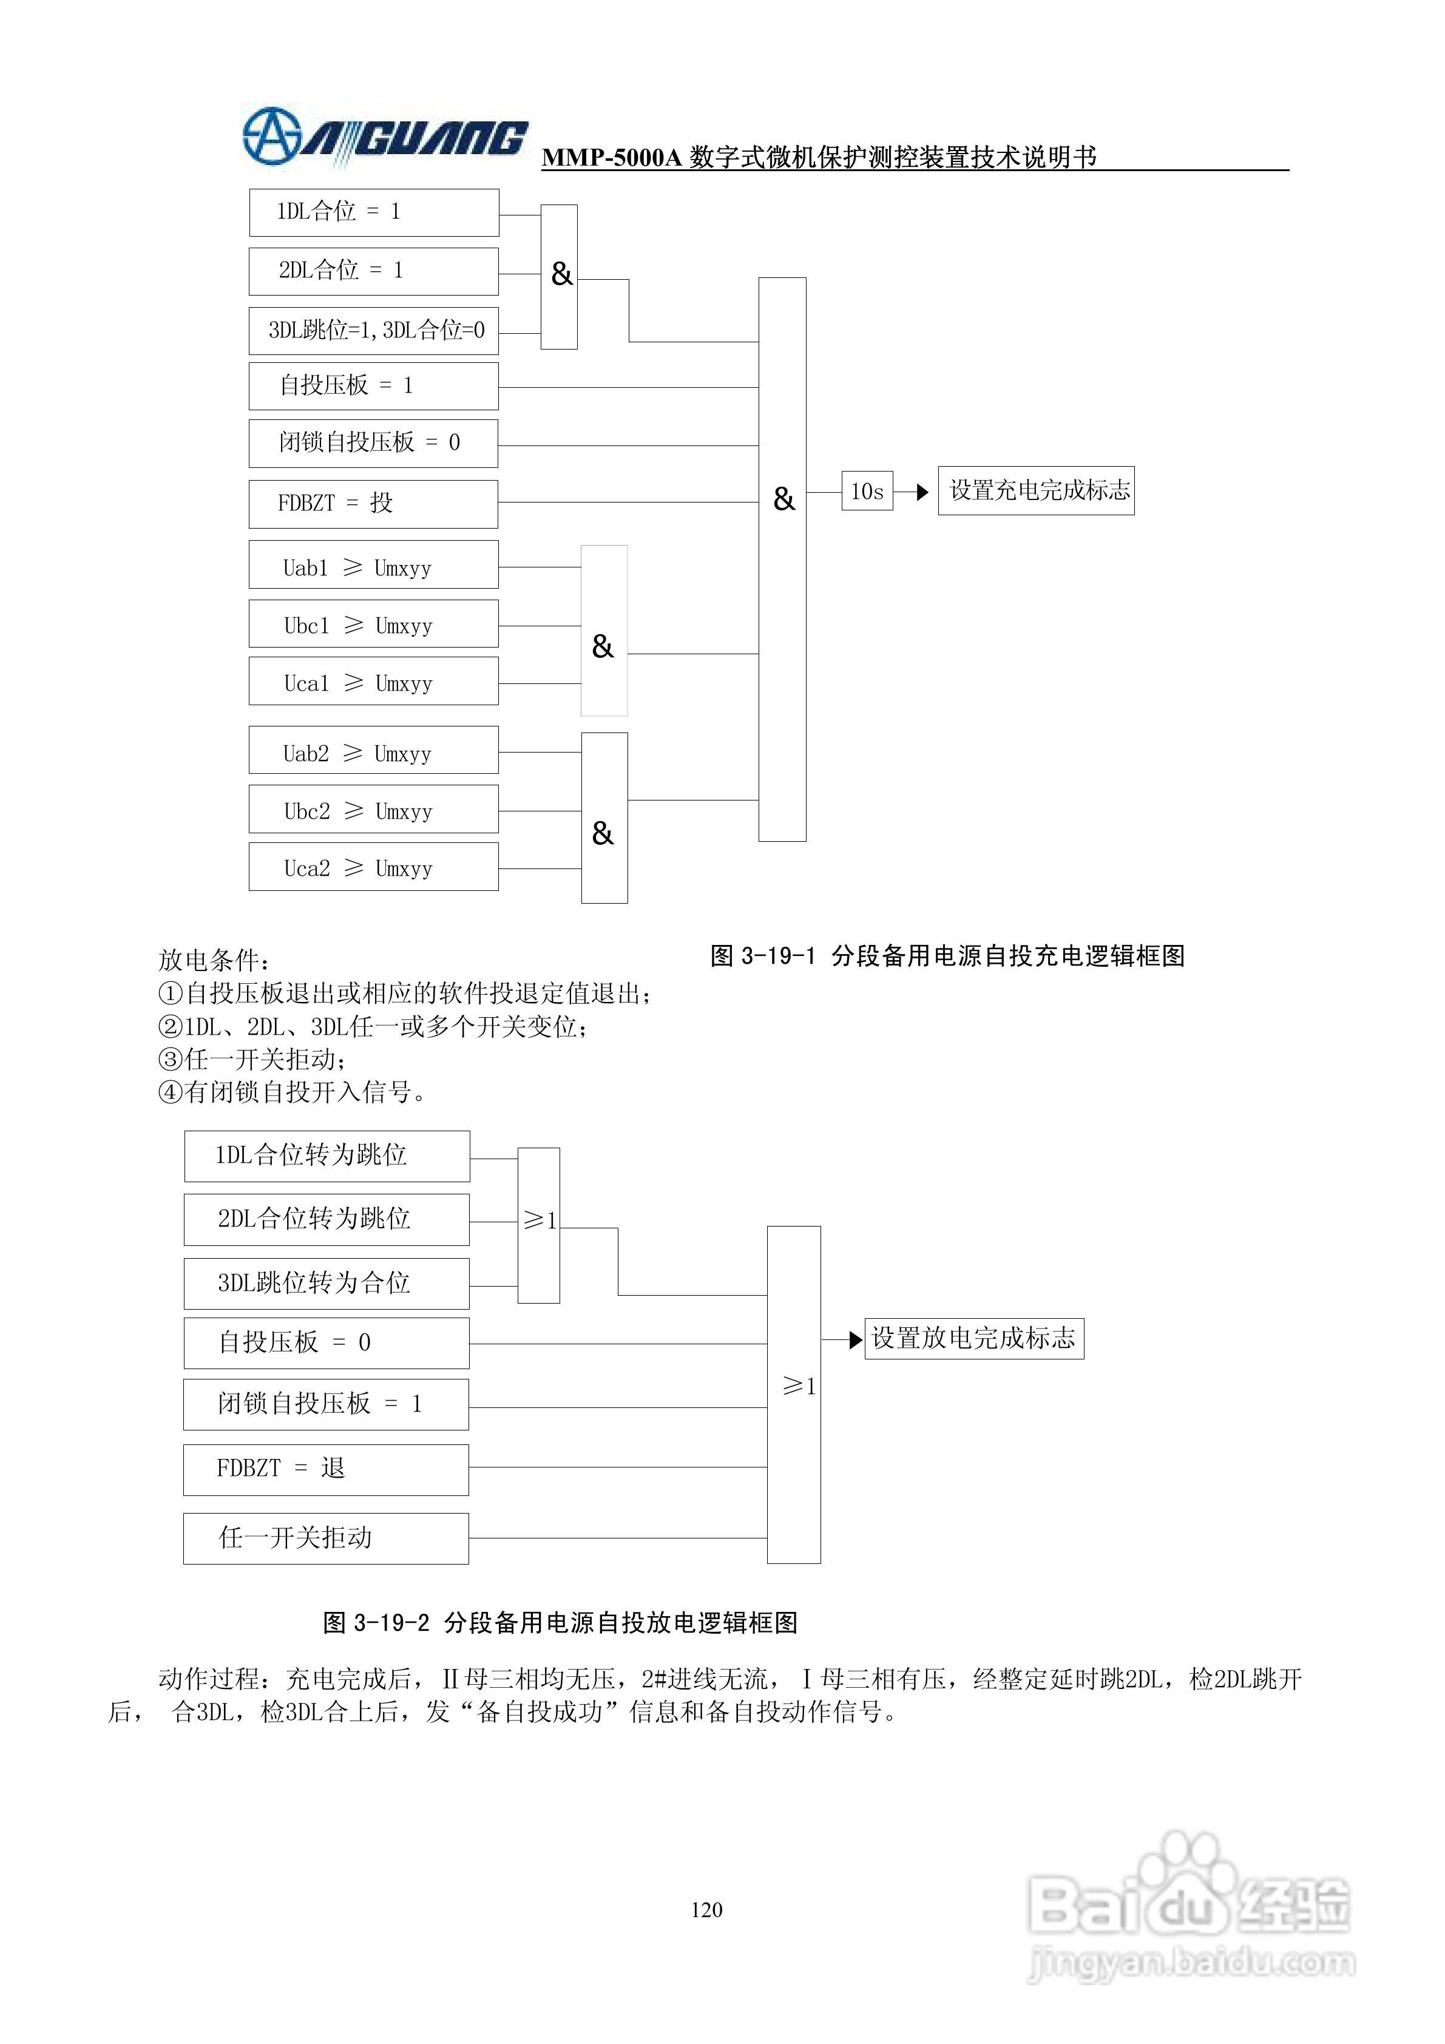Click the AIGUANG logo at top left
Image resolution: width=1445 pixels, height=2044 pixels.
[x=385, y=138]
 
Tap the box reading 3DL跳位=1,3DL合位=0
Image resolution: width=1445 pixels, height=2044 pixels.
[x=373, y=331]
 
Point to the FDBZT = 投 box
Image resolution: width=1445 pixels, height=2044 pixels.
[x=373, y=504]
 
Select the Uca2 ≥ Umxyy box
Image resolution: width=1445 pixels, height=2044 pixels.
[x=373, y=868]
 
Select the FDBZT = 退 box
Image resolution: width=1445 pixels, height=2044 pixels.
[x=326, y=1470]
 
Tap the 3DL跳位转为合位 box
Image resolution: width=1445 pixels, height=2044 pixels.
[x=326, y=1284]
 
